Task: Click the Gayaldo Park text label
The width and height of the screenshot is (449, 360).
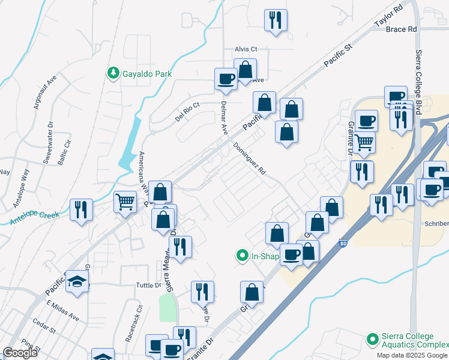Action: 147,74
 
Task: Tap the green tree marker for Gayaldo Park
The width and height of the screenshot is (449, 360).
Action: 112,73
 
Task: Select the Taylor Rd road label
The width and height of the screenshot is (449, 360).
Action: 388,17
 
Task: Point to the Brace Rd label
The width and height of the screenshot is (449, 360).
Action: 401,29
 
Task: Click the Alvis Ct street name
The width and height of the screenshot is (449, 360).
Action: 246,49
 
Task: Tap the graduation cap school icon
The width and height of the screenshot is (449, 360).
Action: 77,283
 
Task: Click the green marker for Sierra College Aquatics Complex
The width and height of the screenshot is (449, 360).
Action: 373,340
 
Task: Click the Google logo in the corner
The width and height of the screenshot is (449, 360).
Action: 20,353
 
